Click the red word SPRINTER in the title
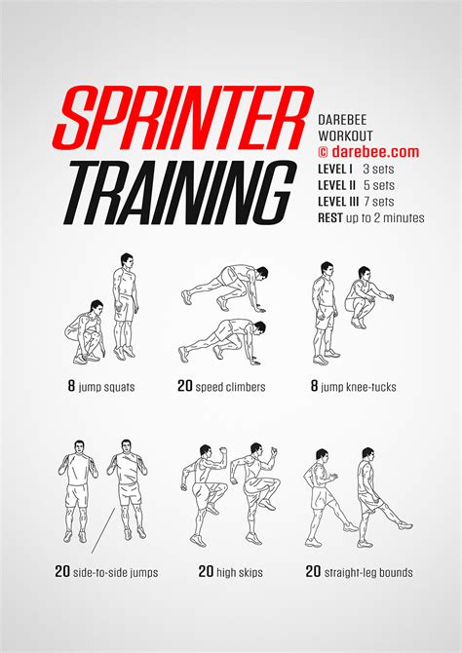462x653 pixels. pos(183,118)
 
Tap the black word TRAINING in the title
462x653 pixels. pos(180,192)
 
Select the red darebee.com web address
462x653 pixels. pos(375,152)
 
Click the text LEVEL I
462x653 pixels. pos(335,169)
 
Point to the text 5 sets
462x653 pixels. pos(378,185)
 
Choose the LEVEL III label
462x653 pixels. pos(338,202)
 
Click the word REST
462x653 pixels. pos(330,217)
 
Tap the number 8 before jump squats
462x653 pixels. pos(72,386)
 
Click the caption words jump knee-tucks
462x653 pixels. pos(359,387)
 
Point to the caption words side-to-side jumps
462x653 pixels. pos(115,573)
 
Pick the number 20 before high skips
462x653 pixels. pos(207,571)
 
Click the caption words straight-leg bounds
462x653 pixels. pos(368,573)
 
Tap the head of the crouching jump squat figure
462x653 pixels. pos(96,307)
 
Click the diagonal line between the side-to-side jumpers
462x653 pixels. pos(103,530)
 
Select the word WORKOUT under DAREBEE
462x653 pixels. pos(345,135)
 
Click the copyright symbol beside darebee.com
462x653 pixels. pos(324,152)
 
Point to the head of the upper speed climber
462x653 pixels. pos(262,273)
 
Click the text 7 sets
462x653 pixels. pos(378,202)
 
